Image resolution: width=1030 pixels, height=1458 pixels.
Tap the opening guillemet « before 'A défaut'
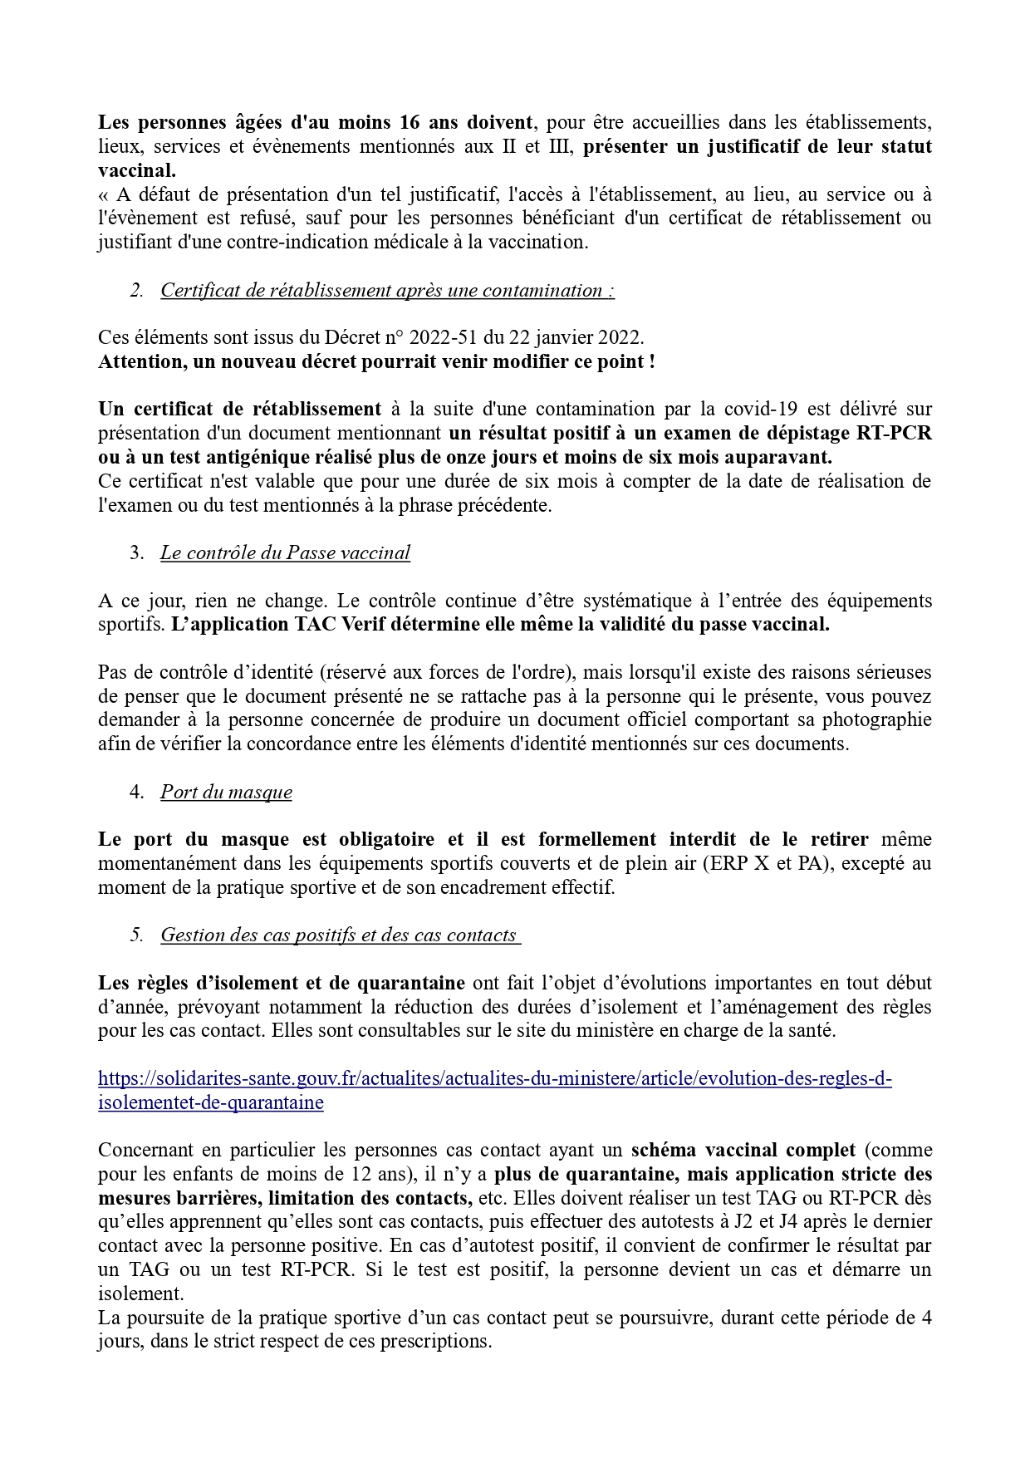coord(104,195)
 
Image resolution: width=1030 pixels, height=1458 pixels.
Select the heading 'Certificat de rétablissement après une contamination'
coord(387,291)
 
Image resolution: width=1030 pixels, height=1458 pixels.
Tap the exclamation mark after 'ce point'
coord(652,362)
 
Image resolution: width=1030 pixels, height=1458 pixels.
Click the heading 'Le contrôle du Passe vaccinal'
coord(285,553)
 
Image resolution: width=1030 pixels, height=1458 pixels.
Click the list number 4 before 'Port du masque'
coord(137,792)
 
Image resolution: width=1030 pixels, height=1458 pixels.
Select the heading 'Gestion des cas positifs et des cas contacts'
coord(339,935)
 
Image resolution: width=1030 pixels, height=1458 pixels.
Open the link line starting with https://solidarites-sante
coord(494,1079)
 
